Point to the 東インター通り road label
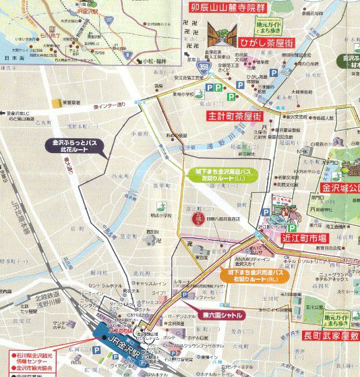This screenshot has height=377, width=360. pyautogui.click(x=110, y=105)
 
